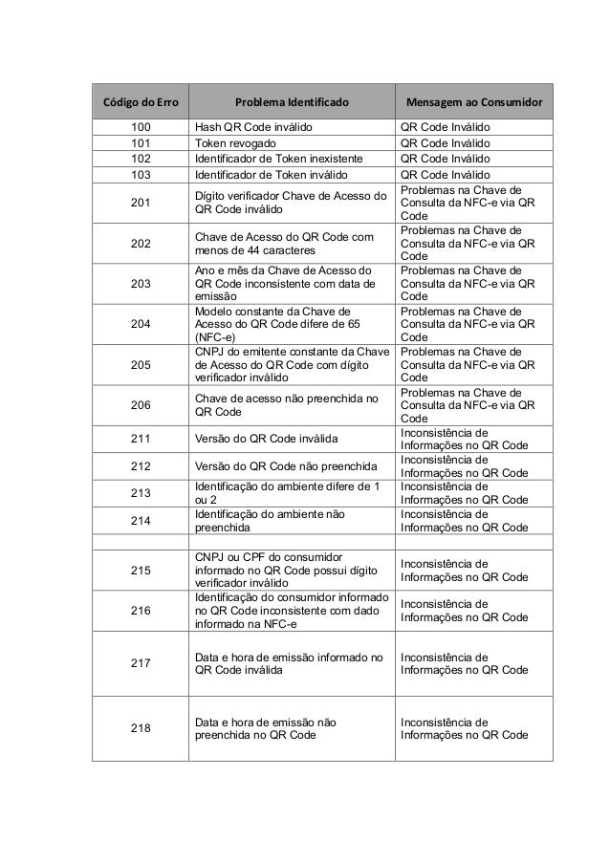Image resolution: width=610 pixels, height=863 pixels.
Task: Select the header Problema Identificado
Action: (x=292, y=100)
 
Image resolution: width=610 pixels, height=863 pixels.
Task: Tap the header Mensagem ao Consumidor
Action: (x=474, y=100)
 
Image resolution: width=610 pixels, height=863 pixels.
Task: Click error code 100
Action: (x=141, y=127)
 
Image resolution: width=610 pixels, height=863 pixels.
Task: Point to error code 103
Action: (x=141, y=175)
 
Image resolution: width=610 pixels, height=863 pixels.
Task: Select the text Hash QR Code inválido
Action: (x=253, y=127)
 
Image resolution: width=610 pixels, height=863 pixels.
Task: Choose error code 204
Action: (x=141, y=323)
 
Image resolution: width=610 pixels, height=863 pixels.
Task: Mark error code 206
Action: (x=141, y=404)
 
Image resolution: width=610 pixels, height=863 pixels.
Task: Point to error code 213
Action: (x=141, y=493)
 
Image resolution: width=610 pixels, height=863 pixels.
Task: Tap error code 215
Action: (x=141, y=571)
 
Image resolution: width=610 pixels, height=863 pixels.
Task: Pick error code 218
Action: (x=141, y=729)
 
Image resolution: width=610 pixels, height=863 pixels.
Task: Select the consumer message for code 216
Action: (x=464, y=611)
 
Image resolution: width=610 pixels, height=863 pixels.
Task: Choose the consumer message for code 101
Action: (x=445, y=143)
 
